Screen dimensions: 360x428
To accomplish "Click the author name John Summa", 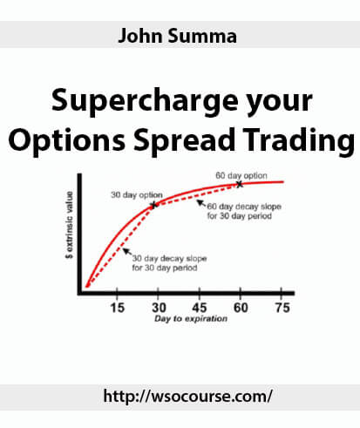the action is click(x=177, y=36).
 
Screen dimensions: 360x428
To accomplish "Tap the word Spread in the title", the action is click(x=184, y=140).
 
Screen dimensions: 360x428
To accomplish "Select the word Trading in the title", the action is click(x=299, y=140).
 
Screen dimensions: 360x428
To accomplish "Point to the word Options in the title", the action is click(x=67, y=140).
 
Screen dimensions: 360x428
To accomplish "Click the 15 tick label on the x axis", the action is click(x=117, y=308).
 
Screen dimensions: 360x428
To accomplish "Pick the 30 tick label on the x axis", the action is click(x=159, y=308).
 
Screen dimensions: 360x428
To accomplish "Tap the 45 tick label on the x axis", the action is click(x=200, y=308).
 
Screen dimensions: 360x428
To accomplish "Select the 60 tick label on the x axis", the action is click(x=241, y=308).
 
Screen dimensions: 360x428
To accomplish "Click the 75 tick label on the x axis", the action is click(x=282, y=308).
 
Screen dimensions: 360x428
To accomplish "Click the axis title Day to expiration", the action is click(x=191, y=319).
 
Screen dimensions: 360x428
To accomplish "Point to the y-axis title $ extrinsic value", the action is click(x=70, y=225).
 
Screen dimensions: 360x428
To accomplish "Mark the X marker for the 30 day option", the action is click(x=154, y=205).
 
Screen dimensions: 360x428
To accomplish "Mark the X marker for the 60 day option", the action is click(x=239, y=184).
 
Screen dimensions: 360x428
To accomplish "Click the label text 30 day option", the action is click(x=137, y=195).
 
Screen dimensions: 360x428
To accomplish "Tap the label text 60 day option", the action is click(x=241, y=175).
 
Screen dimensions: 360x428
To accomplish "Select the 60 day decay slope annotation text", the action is click(x=244, y=211).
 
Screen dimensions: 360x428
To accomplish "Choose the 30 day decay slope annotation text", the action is click(x=169, y=263).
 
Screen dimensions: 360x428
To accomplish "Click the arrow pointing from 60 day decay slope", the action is click(x=201, y=203).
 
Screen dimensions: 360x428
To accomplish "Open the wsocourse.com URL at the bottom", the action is click(x=188, y=397).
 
